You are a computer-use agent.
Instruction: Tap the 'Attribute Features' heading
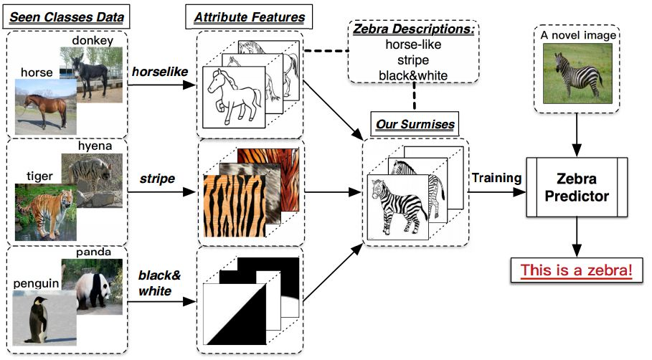tap(244, 16)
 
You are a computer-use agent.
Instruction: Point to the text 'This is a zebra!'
tap(577, 270)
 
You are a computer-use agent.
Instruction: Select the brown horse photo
tap(43, 104)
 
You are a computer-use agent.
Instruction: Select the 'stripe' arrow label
tap(158, 179)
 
